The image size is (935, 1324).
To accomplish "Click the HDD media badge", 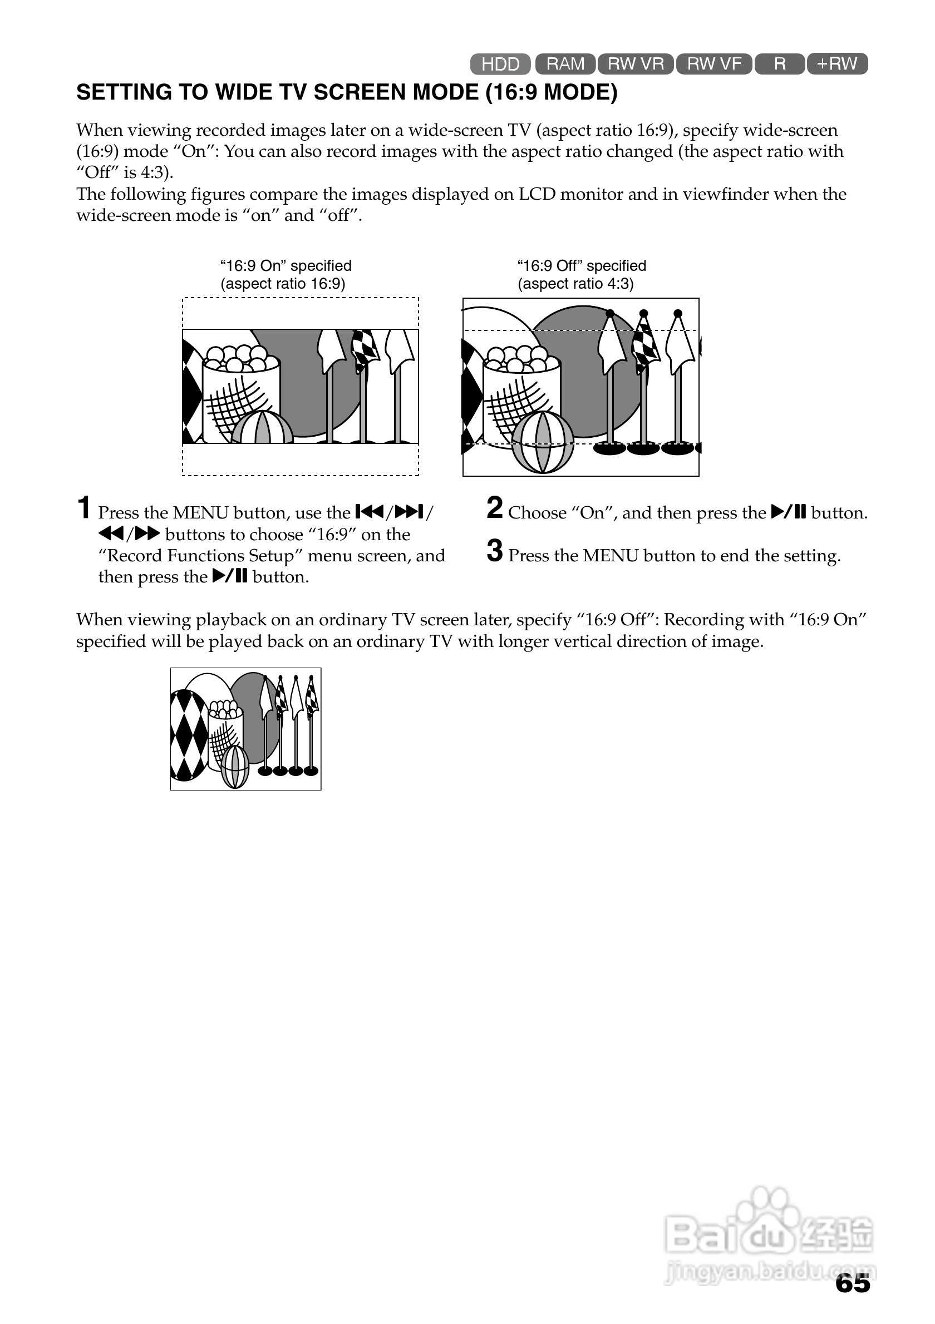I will tap(500, 64).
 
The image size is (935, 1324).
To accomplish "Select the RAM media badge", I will tap(565, 63).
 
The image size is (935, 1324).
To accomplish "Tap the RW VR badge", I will tap(636, 63).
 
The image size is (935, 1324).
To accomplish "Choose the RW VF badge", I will tap(714, 63).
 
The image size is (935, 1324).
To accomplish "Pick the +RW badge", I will tap(837, 63).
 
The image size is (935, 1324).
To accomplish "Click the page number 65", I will tap(853, 1283).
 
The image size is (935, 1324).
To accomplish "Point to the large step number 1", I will tap(84, 508).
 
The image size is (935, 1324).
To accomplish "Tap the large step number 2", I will tap(494, 508).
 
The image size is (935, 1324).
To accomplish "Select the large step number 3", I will tap(494, 551).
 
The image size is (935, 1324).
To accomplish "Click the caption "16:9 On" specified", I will tap(286, 266).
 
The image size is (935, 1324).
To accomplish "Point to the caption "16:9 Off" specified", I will tap(582, 266).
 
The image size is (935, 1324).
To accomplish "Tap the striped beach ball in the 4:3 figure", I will tap(543, 442).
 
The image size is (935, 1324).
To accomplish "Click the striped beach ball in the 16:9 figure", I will tap(263, 428).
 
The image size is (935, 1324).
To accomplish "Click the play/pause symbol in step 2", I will tap(788, 512).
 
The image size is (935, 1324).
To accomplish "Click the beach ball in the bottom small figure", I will tap(235, 767).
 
